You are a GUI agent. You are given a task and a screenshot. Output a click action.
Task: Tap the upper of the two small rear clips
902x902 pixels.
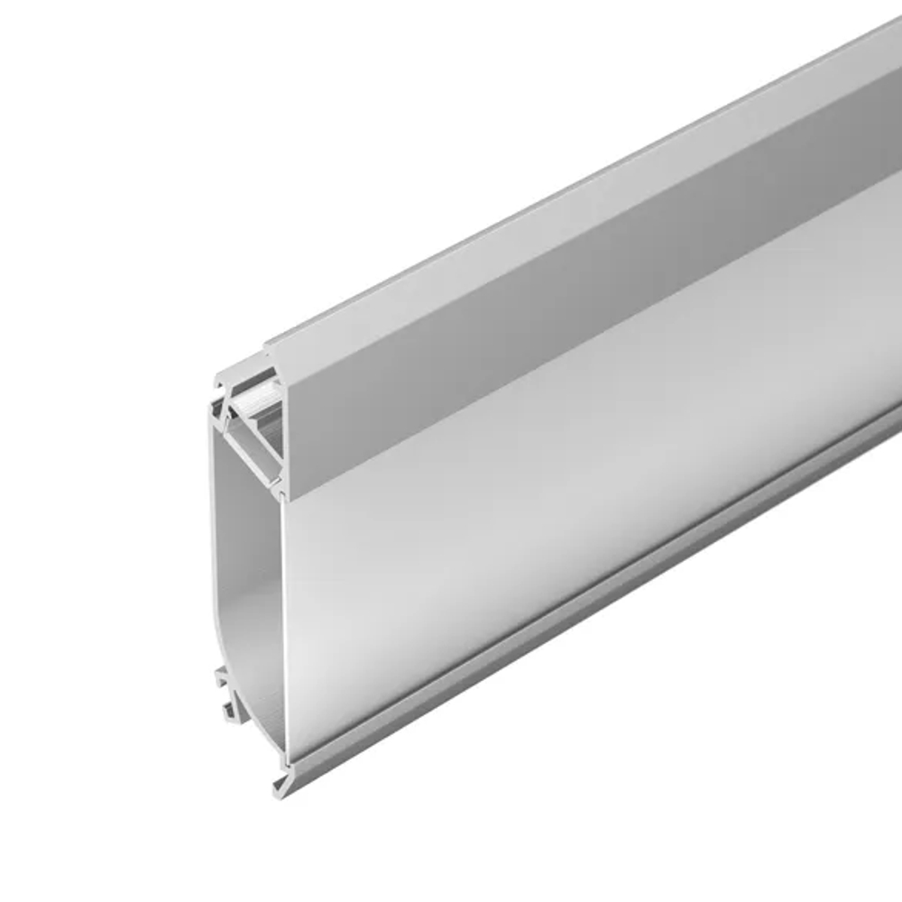(x=219, y=676)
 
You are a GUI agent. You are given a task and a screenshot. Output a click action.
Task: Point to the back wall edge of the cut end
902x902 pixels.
(x=214, y=541)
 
